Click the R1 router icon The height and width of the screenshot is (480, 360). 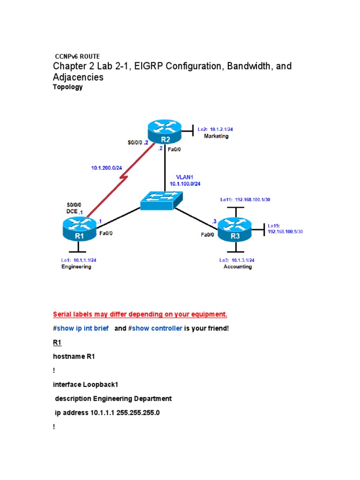[79, 230]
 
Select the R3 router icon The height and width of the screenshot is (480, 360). [235, 230]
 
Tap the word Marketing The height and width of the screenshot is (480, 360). [216, 136]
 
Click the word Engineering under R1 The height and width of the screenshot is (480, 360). [76, 267]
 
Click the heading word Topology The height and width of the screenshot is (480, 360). [69, 87]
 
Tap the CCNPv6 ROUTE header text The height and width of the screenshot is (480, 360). [77, 56]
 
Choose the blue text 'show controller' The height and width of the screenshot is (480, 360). [157, 328]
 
